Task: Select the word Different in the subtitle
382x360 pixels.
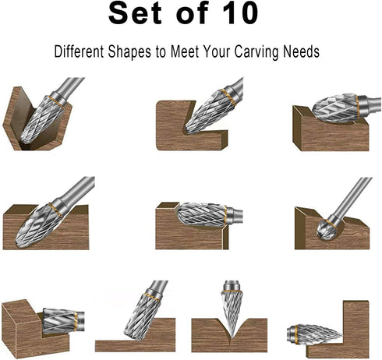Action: tap(81, 53)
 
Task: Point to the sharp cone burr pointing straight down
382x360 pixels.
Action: tap(232, 312)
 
